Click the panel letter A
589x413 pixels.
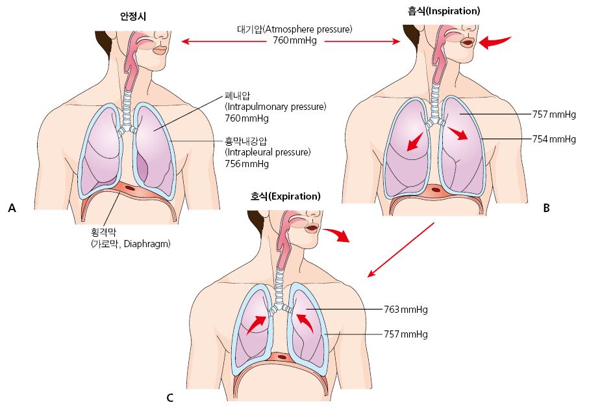pyautogui.click(x=11, y=208)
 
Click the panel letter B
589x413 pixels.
pyautogui.click(x=546, y=208)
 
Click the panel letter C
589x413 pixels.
pyautogui.click(x=169, y=397)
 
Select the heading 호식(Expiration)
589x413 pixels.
pyautogui.click(x=286, y=196)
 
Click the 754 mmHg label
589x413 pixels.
pyautogui.click(x=554, y=139)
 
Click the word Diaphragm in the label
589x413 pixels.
pyautogui.click(x=151, y=245)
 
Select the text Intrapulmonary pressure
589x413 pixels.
pyautogui.click(x=275, y=107)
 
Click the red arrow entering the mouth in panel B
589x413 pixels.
pyautogui.click(x=495, y=42)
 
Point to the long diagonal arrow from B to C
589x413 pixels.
pyautogui.click(x=400, y=250)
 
